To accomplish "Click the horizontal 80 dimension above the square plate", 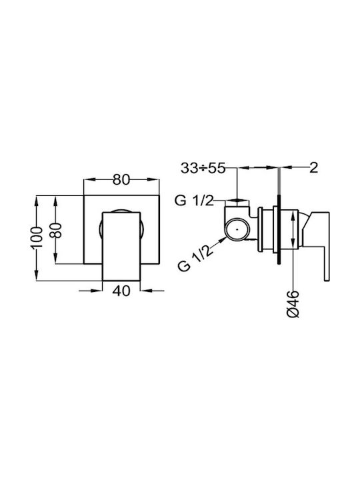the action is pyautogui.click(x=121, y=179).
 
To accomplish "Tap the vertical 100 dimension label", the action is pyautogui.click(x=37, y=238).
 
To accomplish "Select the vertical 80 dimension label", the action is pyautogui.click(x=56, y=230).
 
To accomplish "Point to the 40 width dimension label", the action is pyautogui.click(x=121, y=291).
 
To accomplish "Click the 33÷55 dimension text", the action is pyautogui.click(x=203, y=168).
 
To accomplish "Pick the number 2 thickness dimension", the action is pyautogui.click(x=314, y=167).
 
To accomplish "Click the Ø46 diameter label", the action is pyautogui.click(x=293, y=304).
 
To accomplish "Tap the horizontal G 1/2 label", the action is pyautogui.click(x=194, y=201).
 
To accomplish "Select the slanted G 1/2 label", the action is pyautogui.click(x=195, y=259).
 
